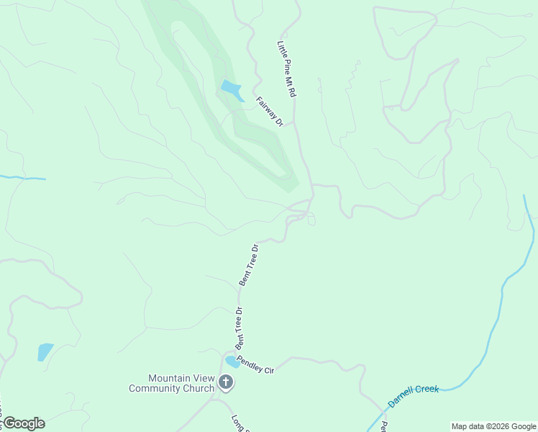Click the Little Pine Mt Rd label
tap(287, 69)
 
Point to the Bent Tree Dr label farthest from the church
tap(249, 265)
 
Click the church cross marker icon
tap(226, 382)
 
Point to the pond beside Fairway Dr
tap(231, 91)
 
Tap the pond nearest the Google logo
tap(45, 351)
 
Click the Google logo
tap(23, 423)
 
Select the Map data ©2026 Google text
tap(493, 426)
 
